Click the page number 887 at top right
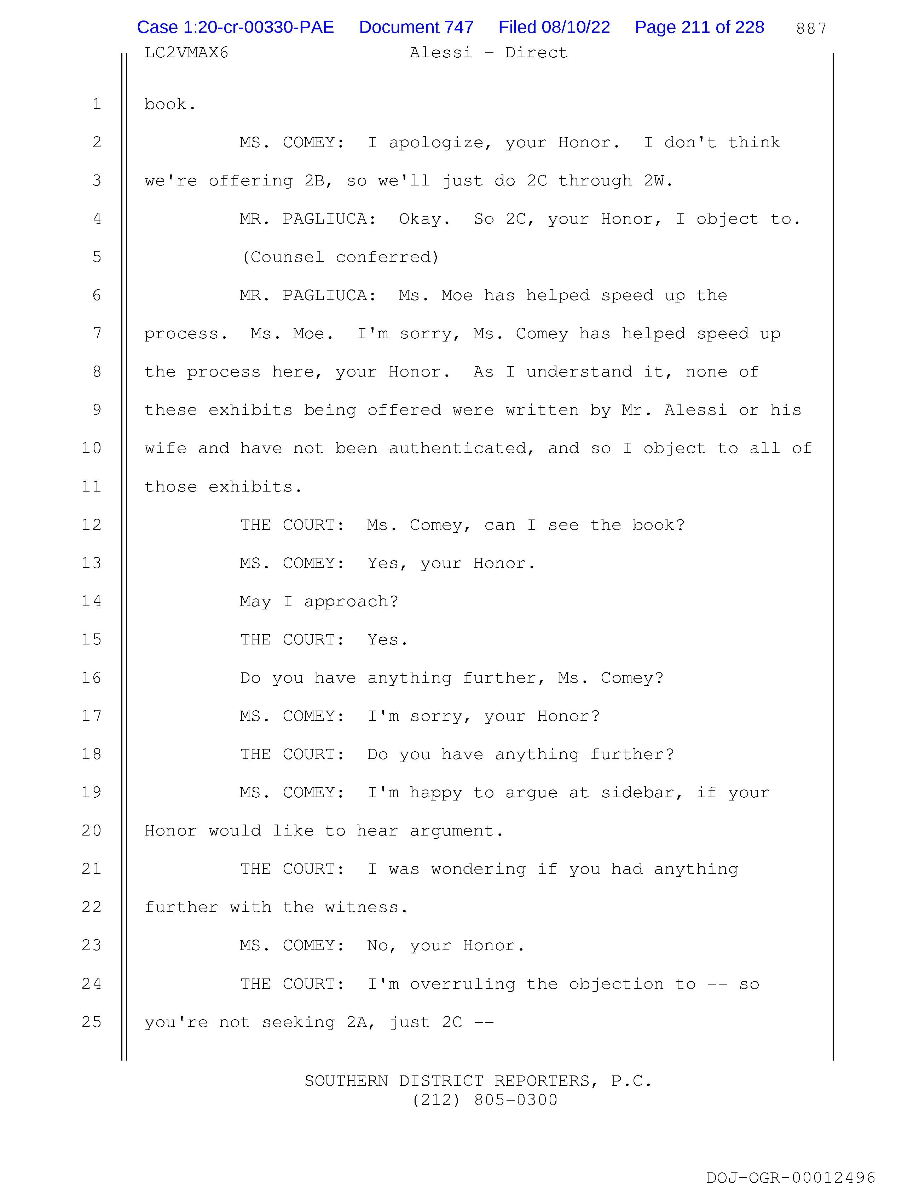(811, 28)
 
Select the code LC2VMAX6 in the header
(186, 53)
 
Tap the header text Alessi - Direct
(488, 53)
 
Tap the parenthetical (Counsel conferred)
(340, 257)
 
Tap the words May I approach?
(319, 602)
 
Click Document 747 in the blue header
(416, 27)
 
